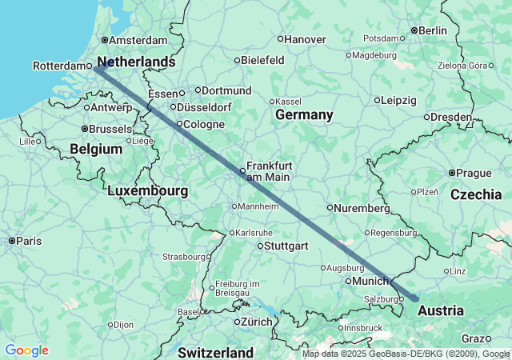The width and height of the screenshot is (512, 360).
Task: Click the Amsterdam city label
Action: [138, 40]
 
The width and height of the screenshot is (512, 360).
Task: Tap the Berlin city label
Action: [433, 30]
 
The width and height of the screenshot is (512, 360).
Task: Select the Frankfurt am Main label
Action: [269, 170]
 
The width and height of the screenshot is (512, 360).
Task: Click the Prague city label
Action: [474, 173]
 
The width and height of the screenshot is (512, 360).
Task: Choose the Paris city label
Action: [29, 241]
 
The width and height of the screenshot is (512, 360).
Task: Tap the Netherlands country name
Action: [135, 62]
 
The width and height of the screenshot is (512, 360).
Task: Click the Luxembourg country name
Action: [147, 191]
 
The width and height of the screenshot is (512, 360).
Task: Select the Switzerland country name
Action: [215, 352]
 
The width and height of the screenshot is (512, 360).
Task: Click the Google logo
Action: [26, 350]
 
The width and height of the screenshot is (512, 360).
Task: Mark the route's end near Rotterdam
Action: [95, 68]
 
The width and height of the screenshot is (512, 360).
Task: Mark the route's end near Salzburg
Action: [415, 298]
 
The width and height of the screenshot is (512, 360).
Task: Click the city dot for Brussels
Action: [86, 128]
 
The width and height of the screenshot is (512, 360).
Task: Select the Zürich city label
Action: [257, 322]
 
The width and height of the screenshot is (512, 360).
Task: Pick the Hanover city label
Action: [306, 38]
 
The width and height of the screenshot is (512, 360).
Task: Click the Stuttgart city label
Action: [286, 246]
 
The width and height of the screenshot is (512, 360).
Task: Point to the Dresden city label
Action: [451, 117]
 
